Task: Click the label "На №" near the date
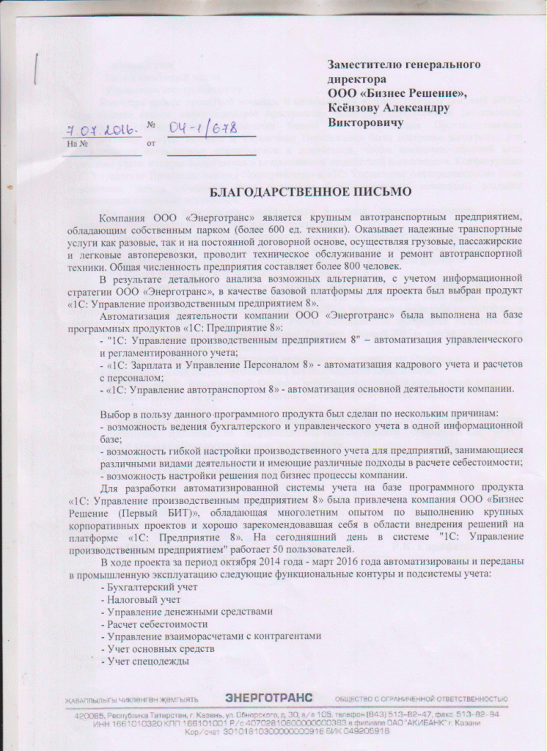point(77,144)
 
